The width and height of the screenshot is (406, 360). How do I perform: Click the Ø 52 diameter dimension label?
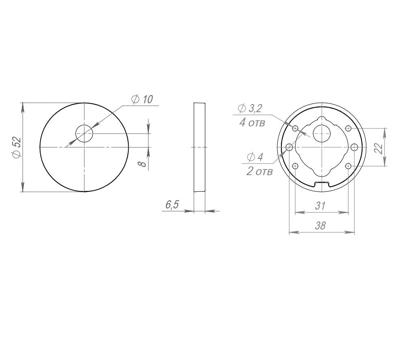tap(17, 147)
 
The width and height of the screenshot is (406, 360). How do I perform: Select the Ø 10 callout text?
tap(142, 99)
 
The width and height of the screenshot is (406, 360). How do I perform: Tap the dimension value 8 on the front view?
tap(142, 164)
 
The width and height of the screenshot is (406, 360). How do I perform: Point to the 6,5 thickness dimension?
tap(172, 205)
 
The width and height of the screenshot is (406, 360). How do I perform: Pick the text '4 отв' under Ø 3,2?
tap(252, 122)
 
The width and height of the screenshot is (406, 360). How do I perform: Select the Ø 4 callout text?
tap(255, 157)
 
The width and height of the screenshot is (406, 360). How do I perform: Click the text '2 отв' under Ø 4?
tap(259, 171)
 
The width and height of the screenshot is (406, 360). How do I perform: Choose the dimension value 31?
tap(320, 206)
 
